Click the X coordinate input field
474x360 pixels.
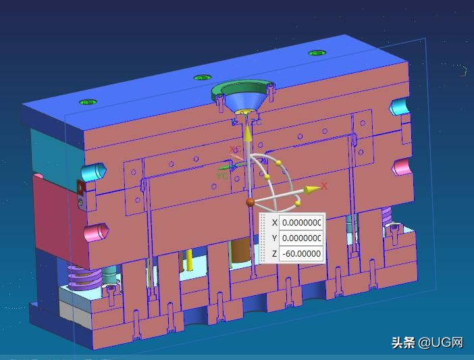[x=301, y=222]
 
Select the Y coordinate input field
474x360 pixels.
[x=301, y=238]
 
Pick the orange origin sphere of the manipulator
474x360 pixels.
[x=251, y=201]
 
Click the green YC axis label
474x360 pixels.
[x=221, y=176]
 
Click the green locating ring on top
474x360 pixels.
[x=243, y=88]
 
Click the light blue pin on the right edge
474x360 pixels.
[x=399, y=106]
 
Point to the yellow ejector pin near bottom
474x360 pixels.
[x=191, y=259]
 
